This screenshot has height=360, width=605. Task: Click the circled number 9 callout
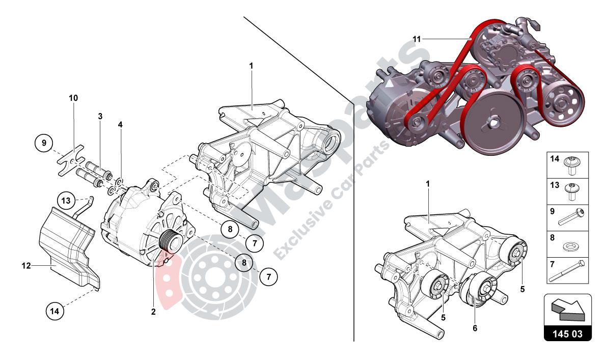[x=44, y=143]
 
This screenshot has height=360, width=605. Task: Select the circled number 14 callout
[x=56, y=311]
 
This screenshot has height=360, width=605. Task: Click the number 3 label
[x=100, y=117]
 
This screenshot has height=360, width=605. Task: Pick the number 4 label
[x=120, y=124]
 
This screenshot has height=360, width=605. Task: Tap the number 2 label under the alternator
[x=153, y=312]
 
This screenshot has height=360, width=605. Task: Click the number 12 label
[x=26, y=265]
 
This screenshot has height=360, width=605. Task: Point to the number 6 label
[x=475, y=328]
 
